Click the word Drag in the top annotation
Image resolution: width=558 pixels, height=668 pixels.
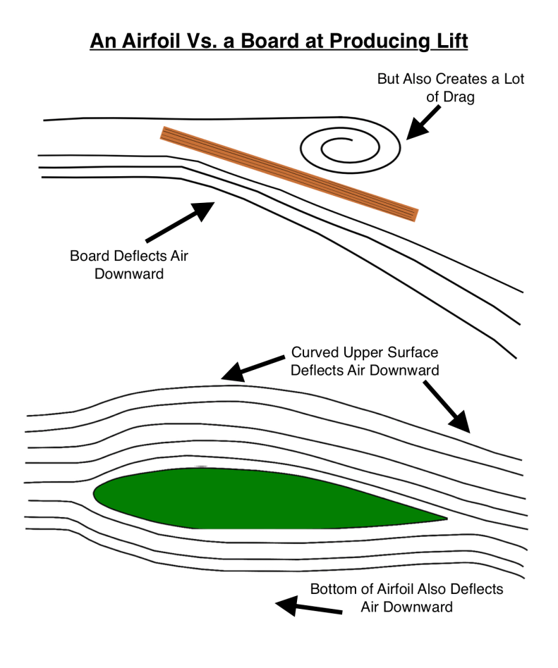[x=459, y=97]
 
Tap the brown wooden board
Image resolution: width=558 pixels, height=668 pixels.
[x=289, y=173]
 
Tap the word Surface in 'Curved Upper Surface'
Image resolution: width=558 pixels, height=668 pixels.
[x=414, y=352]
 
